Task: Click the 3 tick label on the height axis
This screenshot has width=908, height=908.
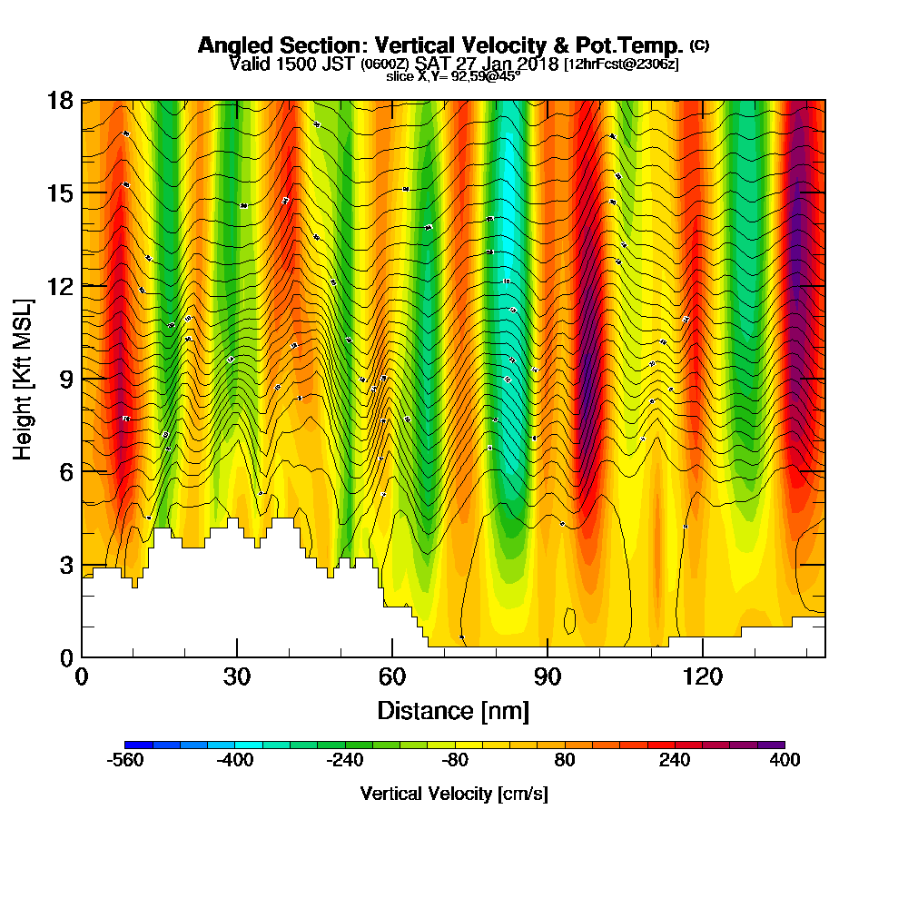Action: [x=66, y=564]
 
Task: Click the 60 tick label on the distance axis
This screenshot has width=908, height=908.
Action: [x=392, y=676]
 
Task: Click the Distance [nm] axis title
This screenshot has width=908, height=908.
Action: [x=453, y=709]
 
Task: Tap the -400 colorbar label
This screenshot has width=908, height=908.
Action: [x=235, y=760]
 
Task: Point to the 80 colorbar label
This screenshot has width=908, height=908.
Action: [x=565, y=760]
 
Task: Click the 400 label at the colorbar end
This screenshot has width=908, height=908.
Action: [x=785, y=760]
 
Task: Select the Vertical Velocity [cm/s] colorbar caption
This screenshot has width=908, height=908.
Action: [x=453, y=793]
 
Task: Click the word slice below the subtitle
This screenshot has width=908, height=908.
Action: [x=400, y=76]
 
